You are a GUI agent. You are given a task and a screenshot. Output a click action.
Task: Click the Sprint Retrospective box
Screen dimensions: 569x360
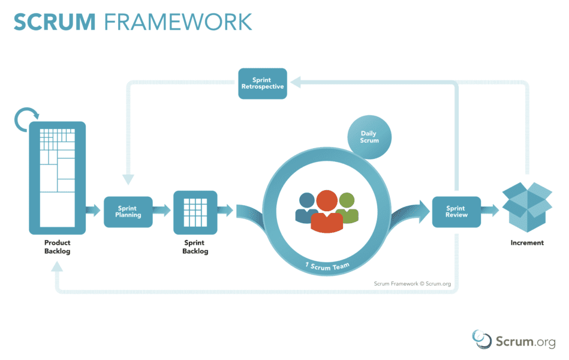pos(263,83)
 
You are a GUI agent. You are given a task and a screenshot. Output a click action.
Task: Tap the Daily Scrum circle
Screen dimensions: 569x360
pos(369,137)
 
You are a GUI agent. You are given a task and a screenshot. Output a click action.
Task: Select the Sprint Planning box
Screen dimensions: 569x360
pos(128,212)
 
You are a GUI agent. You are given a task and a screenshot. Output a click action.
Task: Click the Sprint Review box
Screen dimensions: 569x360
pos(456,212)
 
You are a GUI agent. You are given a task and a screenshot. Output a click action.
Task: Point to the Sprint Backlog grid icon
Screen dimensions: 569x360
pos(195,212)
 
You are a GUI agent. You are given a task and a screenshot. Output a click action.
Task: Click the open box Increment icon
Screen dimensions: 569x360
pos(527,207)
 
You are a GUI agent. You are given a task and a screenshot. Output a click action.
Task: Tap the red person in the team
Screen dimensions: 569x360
pos(327,211)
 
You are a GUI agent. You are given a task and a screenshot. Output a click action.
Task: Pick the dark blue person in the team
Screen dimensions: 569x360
pos(306,207)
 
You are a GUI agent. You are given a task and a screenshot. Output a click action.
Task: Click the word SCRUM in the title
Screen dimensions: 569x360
pos(55,22)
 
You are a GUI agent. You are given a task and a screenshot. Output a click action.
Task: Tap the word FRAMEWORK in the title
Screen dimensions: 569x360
pos(178,22)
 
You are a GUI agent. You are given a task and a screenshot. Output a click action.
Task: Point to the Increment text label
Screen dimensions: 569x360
pos(527,242)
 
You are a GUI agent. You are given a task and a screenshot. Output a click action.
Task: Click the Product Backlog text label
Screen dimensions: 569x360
pos(58,247)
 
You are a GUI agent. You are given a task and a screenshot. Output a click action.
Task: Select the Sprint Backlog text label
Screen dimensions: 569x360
pos(195,247)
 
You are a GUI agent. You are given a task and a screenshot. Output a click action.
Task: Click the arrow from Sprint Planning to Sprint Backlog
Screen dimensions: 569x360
pos(161,211)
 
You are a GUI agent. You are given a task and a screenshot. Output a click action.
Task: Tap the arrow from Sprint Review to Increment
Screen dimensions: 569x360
pos(490,211)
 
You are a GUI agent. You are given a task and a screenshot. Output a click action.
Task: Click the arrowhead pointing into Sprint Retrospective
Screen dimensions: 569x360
pos(296,82)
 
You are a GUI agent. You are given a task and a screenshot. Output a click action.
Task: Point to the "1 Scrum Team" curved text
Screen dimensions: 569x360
pos(327,266)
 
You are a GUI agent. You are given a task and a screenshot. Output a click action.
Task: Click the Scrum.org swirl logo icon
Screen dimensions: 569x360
pos(481,339)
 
